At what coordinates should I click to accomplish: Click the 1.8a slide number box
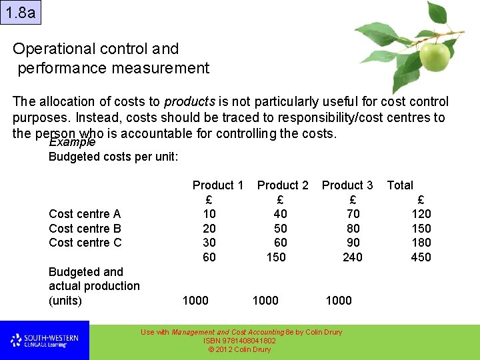(x=20, y=12)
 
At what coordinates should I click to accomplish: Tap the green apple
(x=434, y=57)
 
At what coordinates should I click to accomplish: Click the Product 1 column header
(x=217, y=185)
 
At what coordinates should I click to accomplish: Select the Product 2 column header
(x=283, y=185)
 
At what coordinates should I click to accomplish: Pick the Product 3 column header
(x=347, y=185)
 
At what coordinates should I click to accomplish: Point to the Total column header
(x=400, y=185)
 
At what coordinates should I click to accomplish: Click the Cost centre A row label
(x=85, y=214)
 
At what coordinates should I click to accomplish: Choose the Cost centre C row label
(x=85, y=243)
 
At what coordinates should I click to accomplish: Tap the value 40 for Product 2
(x=280, y=214)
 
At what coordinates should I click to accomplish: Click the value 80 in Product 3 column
(x=353, y=229)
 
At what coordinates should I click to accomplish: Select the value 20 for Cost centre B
(x=209, y=229)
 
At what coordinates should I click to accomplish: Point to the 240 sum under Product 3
(x=352, y=257)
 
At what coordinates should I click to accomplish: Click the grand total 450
(x=421, y=257)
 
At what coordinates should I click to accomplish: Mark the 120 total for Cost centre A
(x=421, y=214)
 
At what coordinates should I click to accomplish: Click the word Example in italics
(x=72, y=143)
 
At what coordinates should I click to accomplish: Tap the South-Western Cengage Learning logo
(x=44, y=341)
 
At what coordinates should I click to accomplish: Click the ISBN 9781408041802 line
(x=239, y=341)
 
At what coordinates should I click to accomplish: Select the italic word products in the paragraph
(x=189, y=102)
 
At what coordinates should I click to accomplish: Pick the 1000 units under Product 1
(x=195, y=301)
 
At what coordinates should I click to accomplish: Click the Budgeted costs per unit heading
(x=113, y=157)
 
